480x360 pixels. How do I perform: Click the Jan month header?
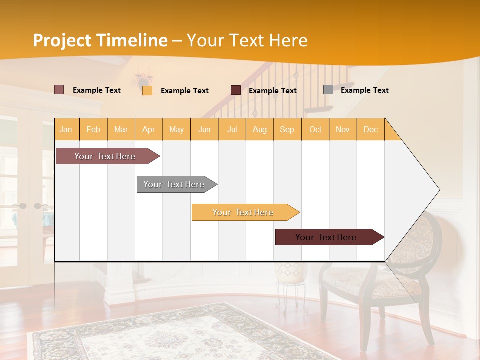tap(66, 129)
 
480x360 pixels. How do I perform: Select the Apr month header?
tap(149, 129)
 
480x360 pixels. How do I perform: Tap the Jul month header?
tap(232, 129)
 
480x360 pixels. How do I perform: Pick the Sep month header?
tap(287, 129)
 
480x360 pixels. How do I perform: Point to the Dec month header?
tap(370, 129)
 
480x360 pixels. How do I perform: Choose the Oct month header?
tap(315, 129)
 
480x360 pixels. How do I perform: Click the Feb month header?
tap(93, 129)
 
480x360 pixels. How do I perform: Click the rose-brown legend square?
tap(59, 90)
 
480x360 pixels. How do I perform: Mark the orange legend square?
tap(147, 90)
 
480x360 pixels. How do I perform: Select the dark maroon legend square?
tap(236, 90)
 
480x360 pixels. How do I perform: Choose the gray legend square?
tap(328, 90)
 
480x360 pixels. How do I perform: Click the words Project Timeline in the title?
tap(100, 40)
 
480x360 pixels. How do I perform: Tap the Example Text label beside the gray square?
tap(365, 90)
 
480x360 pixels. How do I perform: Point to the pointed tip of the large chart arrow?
tap(438, 190)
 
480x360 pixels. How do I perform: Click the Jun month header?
tap(204, 129)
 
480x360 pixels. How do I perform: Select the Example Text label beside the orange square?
tap(185, 91)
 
